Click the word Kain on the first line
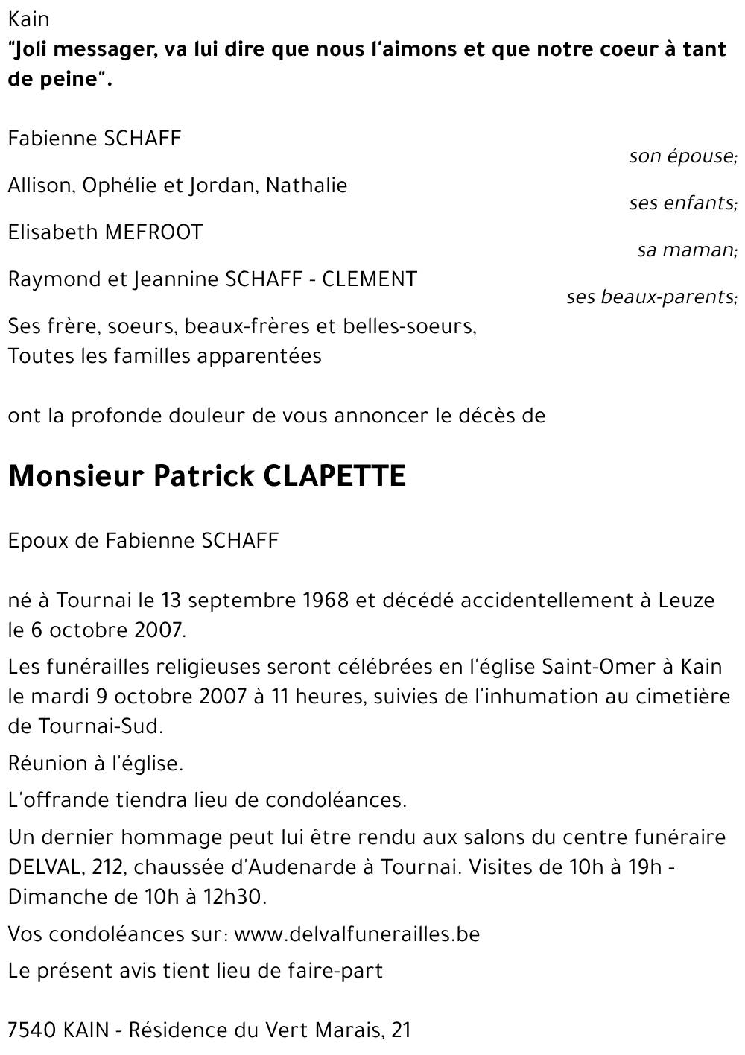[x=28, y=19]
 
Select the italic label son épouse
[x=682, y=156]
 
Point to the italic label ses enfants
[x=682, y=203]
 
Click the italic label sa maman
[x=687, y=250]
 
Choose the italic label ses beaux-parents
[x=652, y=297]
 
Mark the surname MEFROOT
[x=153, y=232]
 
